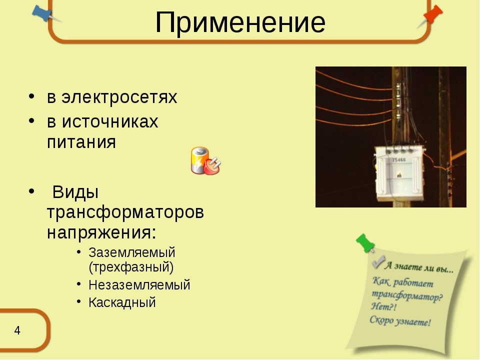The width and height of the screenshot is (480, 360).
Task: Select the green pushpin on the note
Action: click(x=365, y=243)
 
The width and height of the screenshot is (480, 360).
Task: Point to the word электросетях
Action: click(x=119, y=97)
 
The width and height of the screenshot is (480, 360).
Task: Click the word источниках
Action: click(x=110, y=121)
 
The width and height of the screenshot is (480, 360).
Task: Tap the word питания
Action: click(x=81, y=142)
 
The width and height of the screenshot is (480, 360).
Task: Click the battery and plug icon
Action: click(x=205, y=160)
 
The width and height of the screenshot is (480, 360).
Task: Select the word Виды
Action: click(x=75, y=192)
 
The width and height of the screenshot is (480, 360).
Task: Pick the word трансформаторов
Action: click(x=125, y=212)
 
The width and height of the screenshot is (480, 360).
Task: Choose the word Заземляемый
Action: click(x=132, y=253)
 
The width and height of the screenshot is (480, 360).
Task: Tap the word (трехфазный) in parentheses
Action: click(x=131, y=267)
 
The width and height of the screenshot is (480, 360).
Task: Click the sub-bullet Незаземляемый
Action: click(x=139, y=285)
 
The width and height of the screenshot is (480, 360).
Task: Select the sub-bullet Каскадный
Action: click(x=122, y=302)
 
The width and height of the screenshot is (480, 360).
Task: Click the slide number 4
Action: click(x=17, y=330)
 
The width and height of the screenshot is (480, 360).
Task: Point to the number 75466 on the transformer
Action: click(x=399, y=160)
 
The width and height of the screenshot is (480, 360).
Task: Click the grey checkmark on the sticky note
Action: click(x=378, y=262)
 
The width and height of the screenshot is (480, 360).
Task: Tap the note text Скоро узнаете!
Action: click(x=400, y=321)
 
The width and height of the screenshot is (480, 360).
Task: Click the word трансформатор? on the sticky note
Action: click(x=407, y=295)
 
